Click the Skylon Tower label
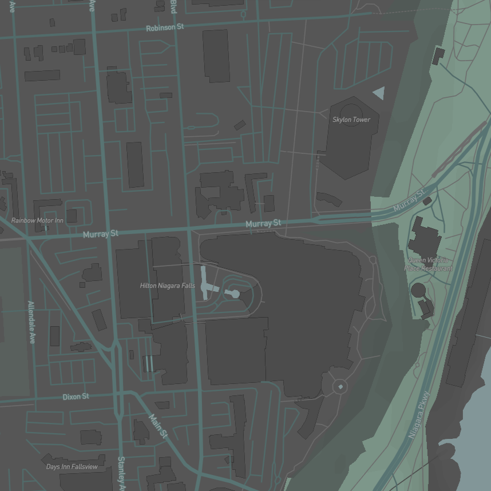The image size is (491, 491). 351,120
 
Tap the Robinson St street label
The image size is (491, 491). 164,27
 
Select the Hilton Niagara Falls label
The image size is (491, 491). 167,286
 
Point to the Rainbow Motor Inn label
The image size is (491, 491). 37,220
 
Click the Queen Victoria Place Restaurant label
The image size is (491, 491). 428,264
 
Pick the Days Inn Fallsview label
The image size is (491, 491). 72,467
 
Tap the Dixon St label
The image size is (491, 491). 76,397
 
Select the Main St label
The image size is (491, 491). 159,427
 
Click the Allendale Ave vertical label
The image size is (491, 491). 31,322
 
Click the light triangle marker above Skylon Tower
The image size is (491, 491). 379,93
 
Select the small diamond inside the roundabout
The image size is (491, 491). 340,387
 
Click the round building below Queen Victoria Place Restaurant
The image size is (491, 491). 418,290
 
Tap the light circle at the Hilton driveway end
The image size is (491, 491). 235,294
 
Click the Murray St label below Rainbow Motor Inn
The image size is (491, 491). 100,234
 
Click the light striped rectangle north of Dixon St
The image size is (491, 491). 148,363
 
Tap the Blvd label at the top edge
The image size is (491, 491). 173,6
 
